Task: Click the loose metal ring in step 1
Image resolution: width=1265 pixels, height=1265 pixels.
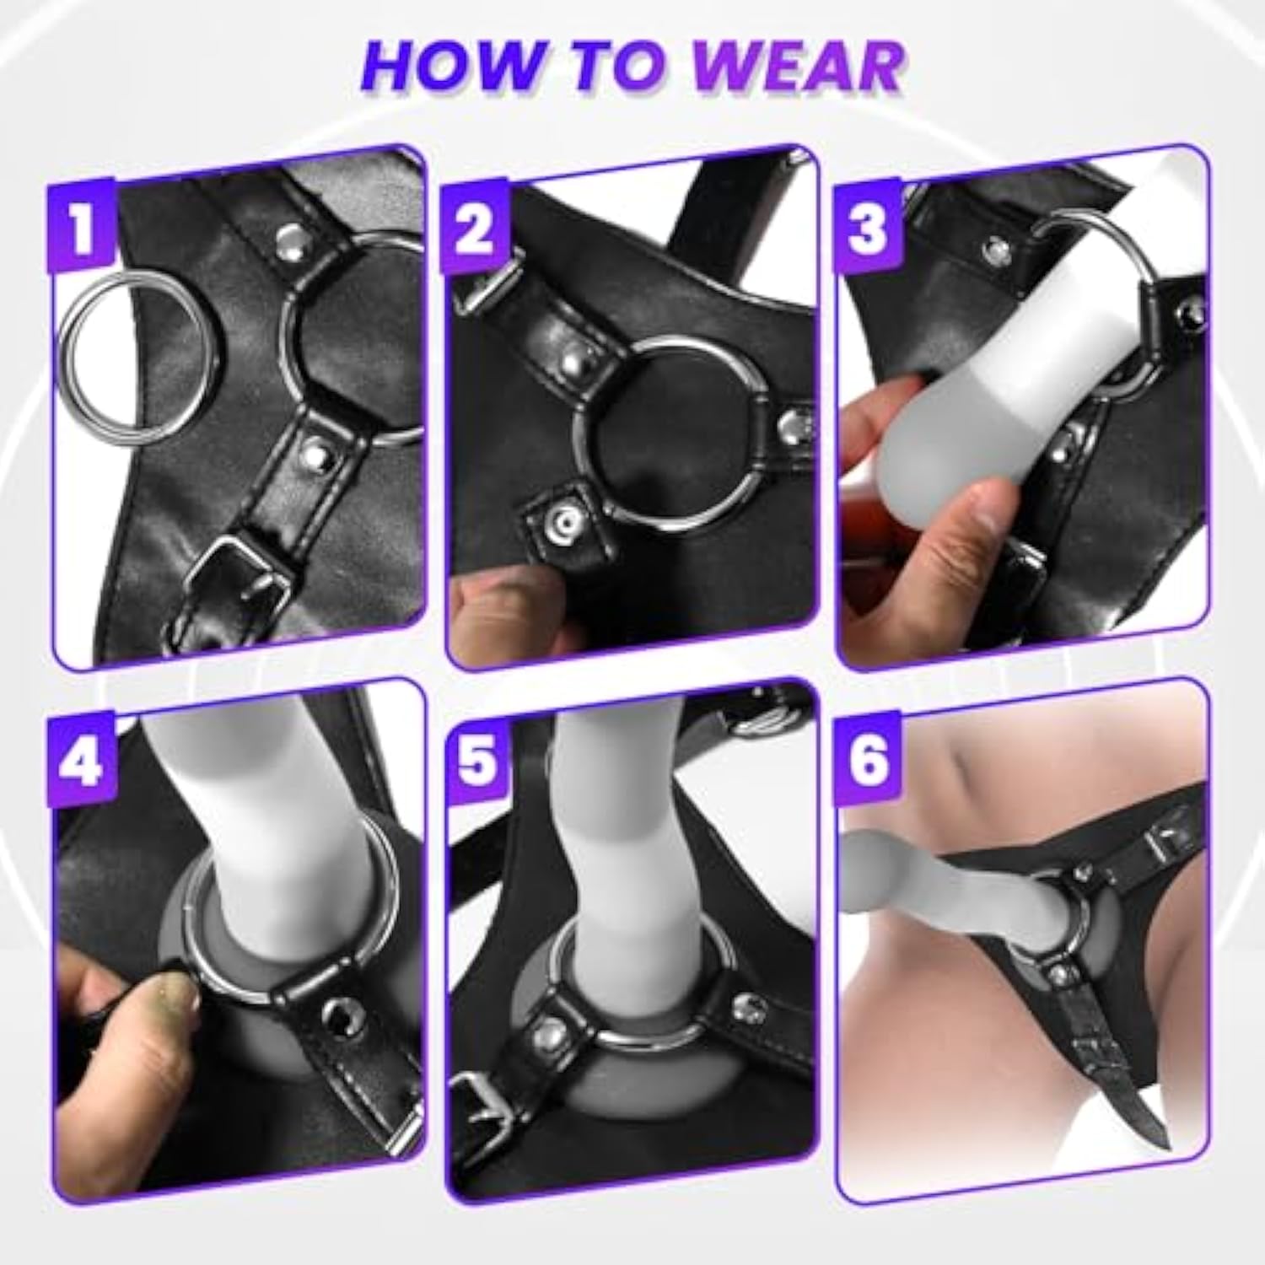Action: coord(66,354)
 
